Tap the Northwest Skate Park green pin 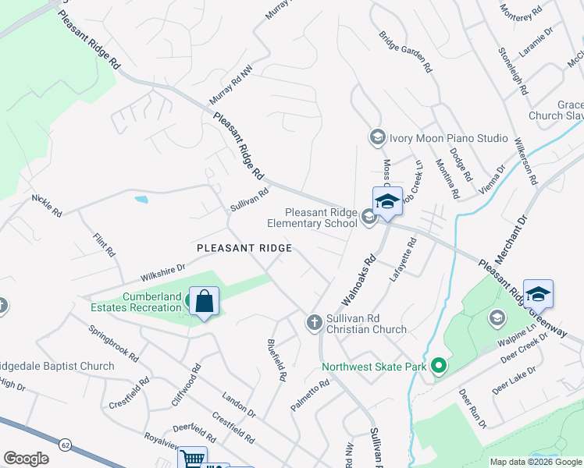(440, 365)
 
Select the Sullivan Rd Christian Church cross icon (314, 321)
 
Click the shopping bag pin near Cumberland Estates (204, 302)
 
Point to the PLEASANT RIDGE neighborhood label (244, 248)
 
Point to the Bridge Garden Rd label (406, 51)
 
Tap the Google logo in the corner (26, 459)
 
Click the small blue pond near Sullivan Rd (141, 199)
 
